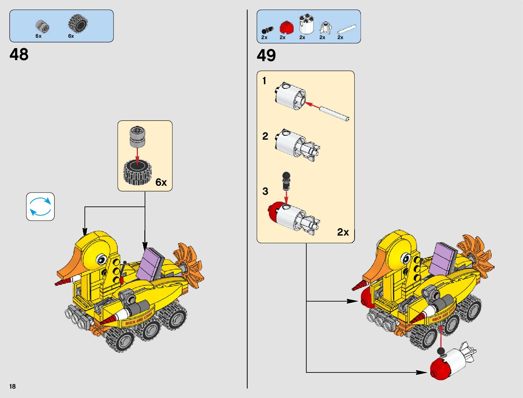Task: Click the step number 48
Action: click(19, 54)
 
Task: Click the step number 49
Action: click(266, 55)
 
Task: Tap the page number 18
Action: click(12, 386)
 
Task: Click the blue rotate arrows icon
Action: click(40, 207)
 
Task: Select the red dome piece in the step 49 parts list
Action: click(286, 27)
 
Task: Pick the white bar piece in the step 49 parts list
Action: click(347, 30)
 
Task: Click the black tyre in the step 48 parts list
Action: click(78, 23)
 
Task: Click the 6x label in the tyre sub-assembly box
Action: click(161, 182)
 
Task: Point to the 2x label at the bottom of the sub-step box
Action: click(343, 232)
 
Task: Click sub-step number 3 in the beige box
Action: click(265, 191)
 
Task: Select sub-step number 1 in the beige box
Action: click(264, 81)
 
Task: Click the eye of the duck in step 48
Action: click(101, 259)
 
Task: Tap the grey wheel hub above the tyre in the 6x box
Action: click(138, 137)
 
